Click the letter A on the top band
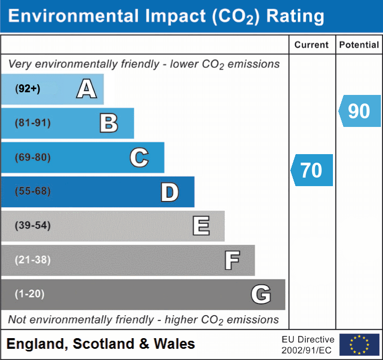(86, 89)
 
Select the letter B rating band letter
(109, 123)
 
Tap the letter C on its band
(139, 158)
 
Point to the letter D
(169, 192)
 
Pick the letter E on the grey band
(201, 226)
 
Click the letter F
(232, 261)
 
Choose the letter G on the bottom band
(261, 294)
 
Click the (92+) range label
(28, 89)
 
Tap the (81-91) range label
(32, 123)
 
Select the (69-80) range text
(32, 158)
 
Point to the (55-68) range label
(32, 191)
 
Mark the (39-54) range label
(32, 226)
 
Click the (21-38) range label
(32, 260)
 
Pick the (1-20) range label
(30, 294)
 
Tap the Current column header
(312, 45)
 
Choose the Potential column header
(359, 45)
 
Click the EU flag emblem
(359, 345)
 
